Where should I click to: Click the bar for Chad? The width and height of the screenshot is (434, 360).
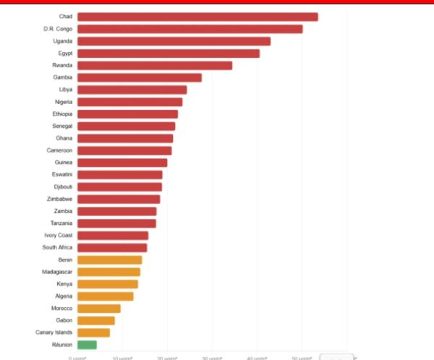coord(197,17)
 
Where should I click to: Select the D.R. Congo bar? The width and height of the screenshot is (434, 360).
coord(190,29)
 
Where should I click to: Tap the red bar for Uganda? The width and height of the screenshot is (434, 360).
coord(174,41)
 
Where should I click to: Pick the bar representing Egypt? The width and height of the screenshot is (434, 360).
coord(168,53)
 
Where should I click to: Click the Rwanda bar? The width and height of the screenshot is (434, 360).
coord(155,66)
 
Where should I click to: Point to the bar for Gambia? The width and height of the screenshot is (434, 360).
coord(140,77)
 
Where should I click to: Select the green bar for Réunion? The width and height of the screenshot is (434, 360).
coord(87,345)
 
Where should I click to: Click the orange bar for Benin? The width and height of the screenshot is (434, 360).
coord(109,260)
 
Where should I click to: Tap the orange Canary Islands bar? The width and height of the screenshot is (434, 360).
coord(93,333)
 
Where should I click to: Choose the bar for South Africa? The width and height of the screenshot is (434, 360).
coord(112,247)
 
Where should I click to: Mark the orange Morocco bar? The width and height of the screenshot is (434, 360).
coord(98,308)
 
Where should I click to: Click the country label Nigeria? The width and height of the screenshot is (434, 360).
coord(63,102)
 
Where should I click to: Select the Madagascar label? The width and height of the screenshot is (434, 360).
coord(57,272)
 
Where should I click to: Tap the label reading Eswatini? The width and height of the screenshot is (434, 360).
coord(61,174)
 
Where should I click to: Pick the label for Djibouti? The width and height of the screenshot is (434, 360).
coord(61,187)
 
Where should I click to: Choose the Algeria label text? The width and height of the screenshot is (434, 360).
coord(61,296)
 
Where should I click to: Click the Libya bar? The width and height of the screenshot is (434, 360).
coord(132,90)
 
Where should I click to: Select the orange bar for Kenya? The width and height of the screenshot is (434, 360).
coord(107,284)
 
